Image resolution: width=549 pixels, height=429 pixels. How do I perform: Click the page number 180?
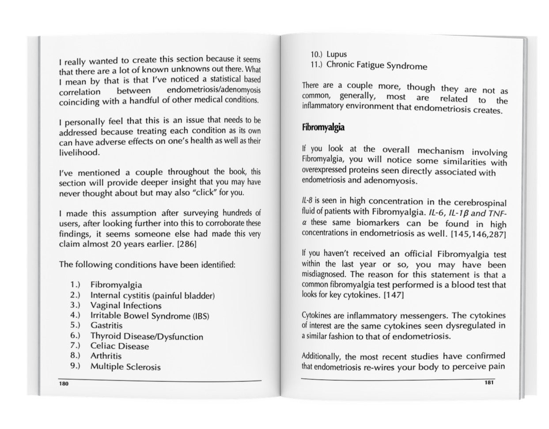(64, 384)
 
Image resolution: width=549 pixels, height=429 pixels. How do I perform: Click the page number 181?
(488, 382)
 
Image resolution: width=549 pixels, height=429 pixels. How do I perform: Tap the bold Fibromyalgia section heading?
(323, 128)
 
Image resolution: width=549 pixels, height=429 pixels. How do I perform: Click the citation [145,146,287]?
(478, 234)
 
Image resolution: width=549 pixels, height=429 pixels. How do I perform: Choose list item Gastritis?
(106, 326)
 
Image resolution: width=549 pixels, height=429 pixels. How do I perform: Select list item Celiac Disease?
(120, 346)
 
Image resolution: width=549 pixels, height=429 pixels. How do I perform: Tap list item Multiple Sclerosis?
(125, 367)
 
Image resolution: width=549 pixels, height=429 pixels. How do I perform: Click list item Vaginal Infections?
(126, 305)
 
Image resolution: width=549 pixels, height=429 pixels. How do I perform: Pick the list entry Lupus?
(337, 55)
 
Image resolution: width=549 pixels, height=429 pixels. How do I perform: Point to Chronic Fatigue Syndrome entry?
(377, 66)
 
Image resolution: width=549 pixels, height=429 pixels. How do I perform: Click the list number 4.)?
(74, 315)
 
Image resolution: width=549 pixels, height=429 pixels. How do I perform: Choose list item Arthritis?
(106, 356)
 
